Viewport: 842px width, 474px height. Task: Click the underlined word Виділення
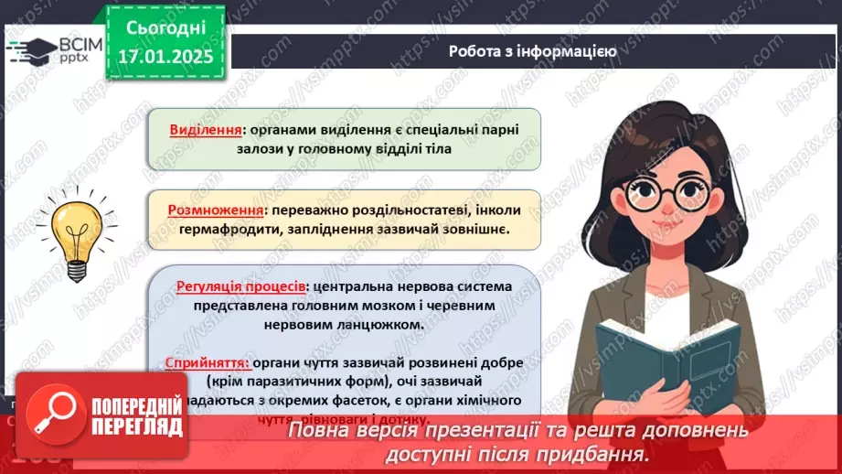pos(206,129)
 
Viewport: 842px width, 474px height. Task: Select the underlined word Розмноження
pos(211,209)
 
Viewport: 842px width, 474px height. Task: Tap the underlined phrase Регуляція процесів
pos(240,286)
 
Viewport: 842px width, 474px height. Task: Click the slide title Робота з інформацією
pos(532,51)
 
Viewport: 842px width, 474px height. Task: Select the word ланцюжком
pos(379,324)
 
